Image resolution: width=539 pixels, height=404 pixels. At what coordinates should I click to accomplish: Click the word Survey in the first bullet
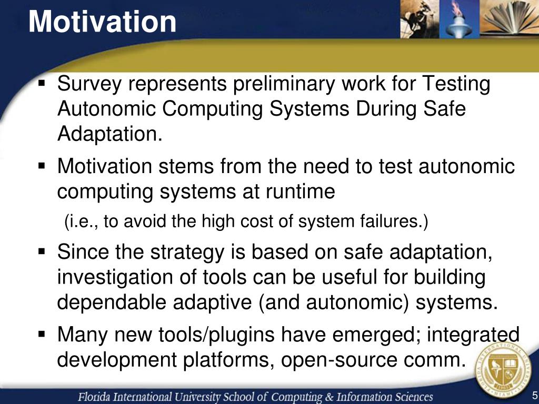click(89, 84)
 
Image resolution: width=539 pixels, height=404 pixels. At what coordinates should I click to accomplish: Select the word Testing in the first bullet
click(456, 84)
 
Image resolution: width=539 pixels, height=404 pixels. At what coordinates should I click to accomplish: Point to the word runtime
click(300, 191)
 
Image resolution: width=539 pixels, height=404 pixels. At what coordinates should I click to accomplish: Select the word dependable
click(112, 302)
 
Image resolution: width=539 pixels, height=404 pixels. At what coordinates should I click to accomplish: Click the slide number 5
click(535, 395)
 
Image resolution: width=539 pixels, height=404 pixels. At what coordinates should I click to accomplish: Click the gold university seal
click(504, 370)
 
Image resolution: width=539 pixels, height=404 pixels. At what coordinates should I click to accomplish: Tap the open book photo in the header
click(509, 18)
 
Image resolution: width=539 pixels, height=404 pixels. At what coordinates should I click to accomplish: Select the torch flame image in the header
click(459, 18)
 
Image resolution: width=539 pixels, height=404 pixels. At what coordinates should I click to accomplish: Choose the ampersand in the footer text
click(330, 397)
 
